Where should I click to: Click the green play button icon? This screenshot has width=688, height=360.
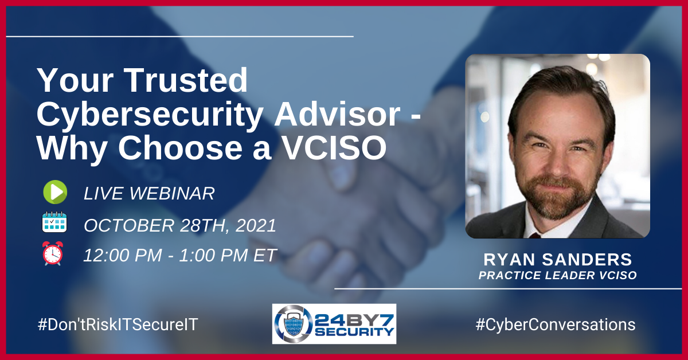[x=55, y=192]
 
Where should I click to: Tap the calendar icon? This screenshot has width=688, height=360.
[x=54, y=222]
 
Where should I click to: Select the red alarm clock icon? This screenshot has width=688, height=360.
[x=53, y=253]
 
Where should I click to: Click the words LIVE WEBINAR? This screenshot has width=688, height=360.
[x=149, y=194]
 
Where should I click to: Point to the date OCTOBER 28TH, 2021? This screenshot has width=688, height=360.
[x=180, y=225]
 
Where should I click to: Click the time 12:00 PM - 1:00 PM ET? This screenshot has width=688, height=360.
[x=180, y=255]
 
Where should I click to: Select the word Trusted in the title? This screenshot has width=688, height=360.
[x=187, y=80]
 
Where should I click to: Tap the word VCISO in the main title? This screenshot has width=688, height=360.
[x=334, y=148]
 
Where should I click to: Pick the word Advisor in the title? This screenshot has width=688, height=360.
[x=337, y=114]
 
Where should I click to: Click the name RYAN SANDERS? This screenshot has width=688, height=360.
[x=557, y=260]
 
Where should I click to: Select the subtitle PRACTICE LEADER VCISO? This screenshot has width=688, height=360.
[x=557, y=275]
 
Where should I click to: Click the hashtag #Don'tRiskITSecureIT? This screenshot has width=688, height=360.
[x=118, y=324]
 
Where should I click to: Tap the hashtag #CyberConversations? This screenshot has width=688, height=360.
[x=556, y=324]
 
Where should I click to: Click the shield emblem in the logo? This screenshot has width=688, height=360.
[x=294, y=324]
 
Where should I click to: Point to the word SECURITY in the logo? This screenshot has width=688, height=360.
[x=354, y=332]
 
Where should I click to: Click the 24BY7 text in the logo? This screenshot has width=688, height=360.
[x=354, y=320]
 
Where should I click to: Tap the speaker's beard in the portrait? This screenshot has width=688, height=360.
[x=557, y=197]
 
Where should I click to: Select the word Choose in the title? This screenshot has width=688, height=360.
[x=180, y=148]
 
